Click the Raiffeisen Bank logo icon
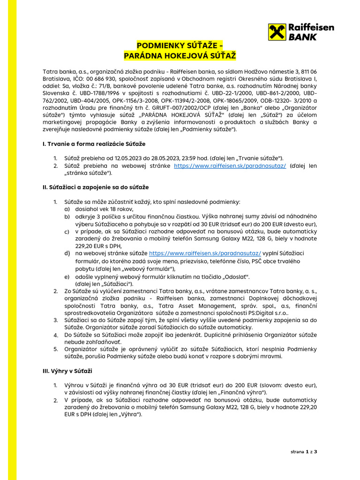[x=277, y=33]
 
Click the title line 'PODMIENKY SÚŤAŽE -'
[x=180, y=45]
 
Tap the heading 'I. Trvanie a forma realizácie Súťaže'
[x=94, y=143]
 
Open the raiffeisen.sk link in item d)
[x=205, y=253]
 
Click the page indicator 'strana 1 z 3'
[x=304, y=452]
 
